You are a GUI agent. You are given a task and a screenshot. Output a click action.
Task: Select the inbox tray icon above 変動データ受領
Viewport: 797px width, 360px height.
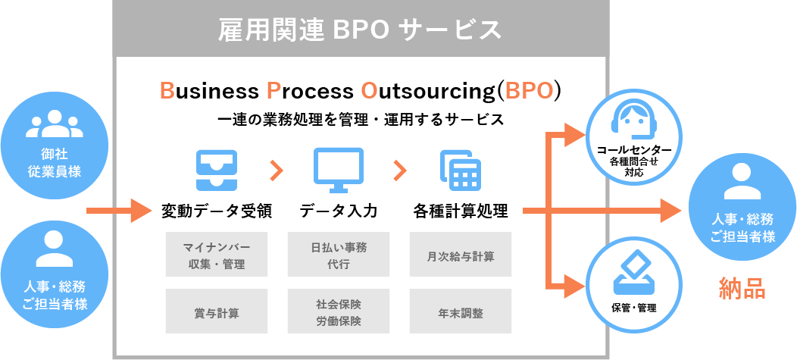pos(217,170)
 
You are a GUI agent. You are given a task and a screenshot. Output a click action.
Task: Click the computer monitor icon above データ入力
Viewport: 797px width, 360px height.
pos(338,170)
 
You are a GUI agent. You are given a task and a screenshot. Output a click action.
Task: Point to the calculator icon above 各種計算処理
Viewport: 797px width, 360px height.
pos(461,170)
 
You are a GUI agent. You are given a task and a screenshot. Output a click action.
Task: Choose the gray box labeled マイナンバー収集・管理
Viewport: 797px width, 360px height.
pos(217,255)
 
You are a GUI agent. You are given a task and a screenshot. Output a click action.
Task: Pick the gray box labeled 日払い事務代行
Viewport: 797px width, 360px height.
pos(339,255)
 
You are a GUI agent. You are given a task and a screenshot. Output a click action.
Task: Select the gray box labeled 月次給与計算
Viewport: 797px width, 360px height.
pos(461,255)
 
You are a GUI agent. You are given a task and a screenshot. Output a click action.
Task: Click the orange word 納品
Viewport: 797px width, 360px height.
pos(742,288)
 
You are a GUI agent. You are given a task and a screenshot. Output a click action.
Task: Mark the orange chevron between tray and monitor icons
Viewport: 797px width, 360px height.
pos(277,171)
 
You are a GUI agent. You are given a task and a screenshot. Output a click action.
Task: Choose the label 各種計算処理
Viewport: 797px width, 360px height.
pos(461,210)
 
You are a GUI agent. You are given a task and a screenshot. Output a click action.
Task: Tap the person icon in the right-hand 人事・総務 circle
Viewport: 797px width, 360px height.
pos(742,182)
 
